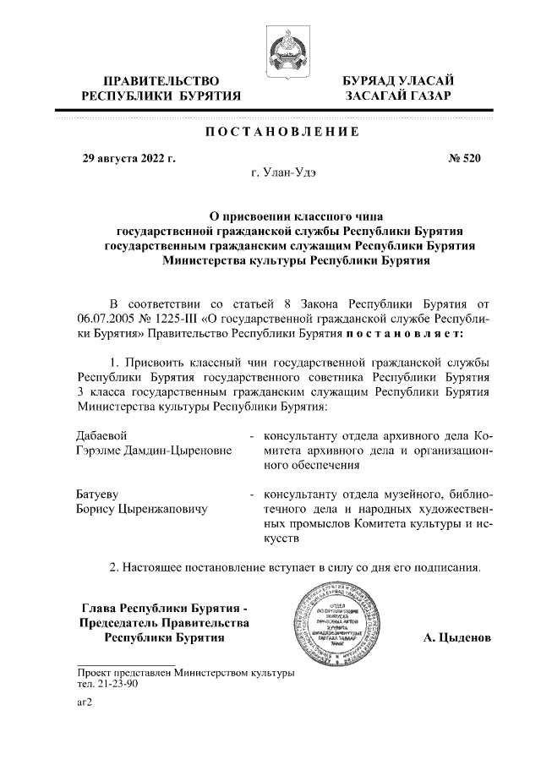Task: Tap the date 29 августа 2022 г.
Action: click(x=127, y=157)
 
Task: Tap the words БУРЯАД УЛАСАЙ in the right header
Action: click(x=398, y=80)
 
